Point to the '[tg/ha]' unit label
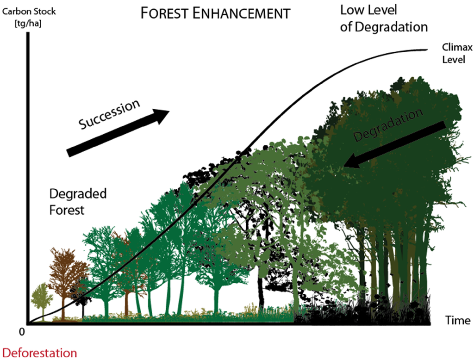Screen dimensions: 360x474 28,22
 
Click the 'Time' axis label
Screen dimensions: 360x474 458,320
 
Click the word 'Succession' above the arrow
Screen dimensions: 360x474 109,115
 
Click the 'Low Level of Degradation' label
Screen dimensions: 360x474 384,19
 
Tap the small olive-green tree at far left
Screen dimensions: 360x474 42,298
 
